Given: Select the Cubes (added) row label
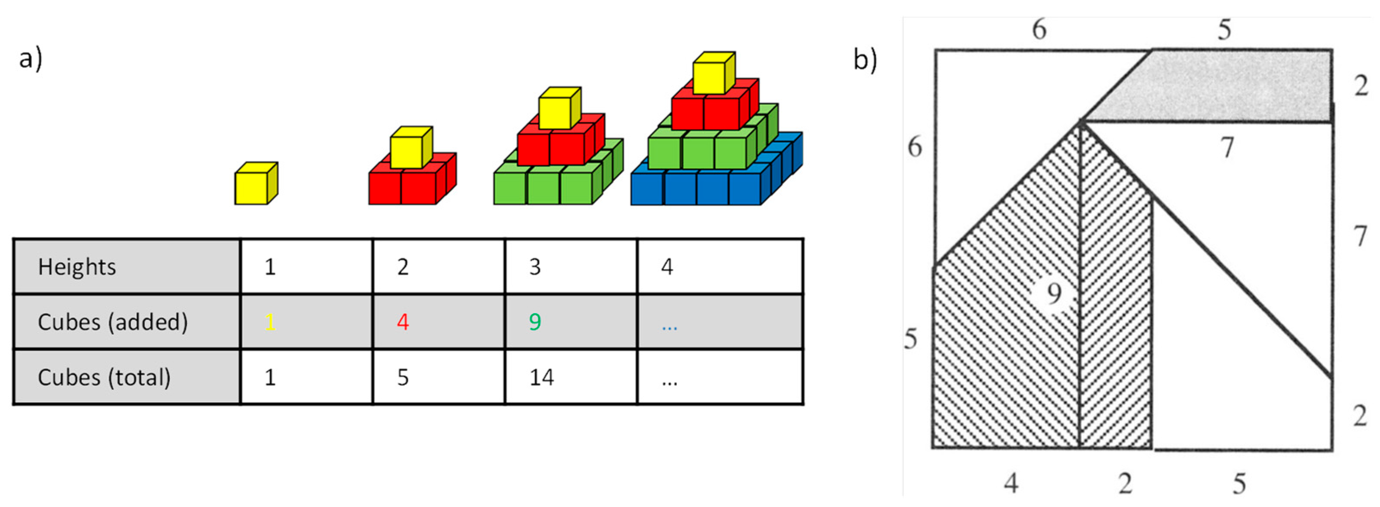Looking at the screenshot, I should [113, 322].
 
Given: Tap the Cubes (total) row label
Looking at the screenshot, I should [104, 377].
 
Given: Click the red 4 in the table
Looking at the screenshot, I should [403, 322].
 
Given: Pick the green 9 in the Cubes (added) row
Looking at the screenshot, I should [535, 322].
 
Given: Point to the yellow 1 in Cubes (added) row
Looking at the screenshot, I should [270, 322].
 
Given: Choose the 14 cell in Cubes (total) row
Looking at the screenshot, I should [542, 378].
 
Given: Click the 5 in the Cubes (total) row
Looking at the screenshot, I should [403, 378].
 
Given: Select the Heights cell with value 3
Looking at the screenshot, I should [535, 267].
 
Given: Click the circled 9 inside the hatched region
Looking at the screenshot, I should [1054, 293].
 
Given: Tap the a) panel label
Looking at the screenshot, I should [30, 58].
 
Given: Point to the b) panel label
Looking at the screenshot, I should [865, 60].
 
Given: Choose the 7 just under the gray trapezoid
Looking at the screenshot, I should [1227, 147].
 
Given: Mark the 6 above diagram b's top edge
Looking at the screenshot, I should [1039, 29].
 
